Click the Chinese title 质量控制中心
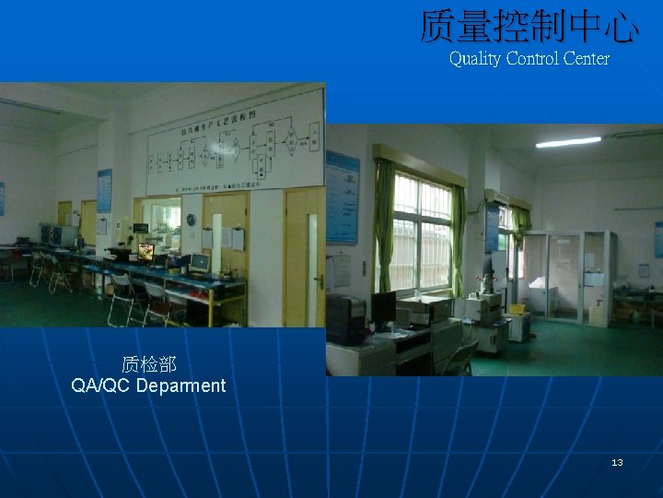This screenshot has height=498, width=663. (529, 26)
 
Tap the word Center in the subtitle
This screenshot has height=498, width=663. (586, 58)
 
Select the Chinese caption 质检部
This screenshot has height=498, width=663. (147, 365)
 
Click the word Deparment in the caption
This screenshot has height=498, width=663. (180, 385)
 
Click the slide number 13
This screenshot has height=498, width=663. (617, 462)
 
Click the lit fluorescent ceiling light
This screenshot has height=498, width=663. (568, 142)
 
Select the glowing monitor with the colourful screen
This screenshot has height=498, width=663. (145, 251)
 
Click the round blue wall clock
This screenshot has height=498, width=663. (191, 220)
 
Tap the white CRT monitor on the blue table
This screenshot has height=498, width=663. (199, 263)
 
